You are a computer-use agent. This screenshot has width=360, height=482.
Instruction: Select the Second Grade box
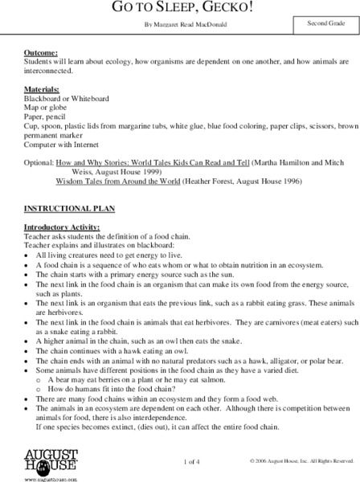point(326,25)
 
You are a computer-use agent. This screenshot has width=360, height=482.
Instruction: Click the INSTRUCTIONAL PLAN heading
point(69,209)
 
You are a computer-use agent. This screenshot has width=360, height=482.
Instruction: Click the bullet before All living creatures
point(29,255)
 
